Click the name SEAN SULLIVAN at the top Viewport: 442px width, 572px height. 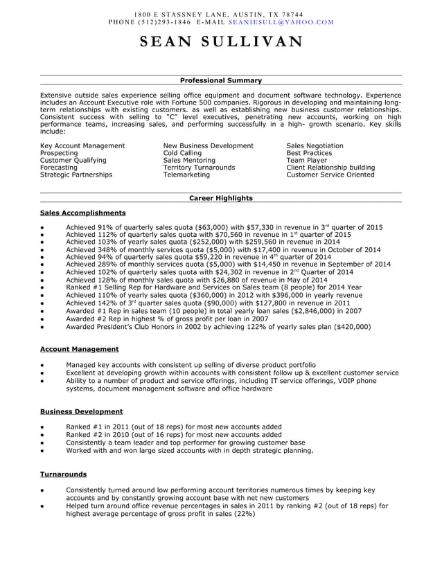pos(221,41)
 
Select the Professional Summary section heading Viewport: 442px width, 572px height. pos(221,80)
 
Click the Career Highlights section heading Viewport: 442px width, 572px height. pos(221,198)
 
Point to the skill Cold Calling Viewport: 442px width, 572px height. pos(182,153)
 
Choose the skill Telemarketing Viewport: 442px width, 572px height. pos(186,175)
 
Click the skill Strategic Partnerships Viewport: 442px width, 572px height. pos(76,175)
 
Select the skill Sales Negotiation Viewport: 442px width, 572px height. pos(315,146)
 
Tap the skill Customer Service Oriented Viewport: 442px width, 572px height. pos(330,175)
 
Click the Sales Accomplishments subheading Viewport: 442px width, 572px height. pos(83,213)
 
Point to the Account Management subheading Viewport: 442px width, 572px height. pos(80,349)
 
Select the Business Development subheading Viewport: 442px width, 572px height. pos(82,411)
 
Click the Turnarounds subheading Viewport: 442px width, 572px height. pos(64,474)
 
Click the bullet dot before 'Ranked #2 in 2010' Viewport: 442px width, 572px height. pos(43,435)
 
